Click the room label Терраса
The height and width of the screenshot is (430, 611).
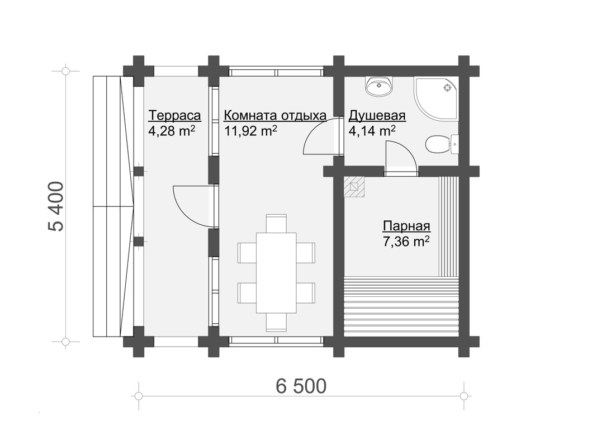tap(174, 116)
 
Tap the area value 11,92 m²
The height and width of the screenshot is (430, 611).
tap(250, 131)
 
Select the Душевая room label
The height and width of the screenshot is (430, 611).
tap(377, 116)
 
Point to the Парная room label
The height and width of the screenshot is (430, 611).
tap(406, 226)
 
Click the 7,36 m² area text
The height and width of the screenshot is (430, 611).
tap(406, 242)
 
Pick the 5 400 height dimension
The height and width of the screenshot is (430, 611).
tap(56, 206)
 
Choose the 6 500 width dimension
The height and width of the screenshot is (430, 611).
tap(301, 386)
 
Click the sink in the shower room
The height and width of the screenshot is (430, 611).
tap(379, 86)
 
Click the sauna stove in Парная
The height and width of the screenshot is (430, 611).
tap(354, 187)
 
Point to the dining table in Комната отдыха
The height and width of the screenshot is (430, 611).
tap(276, 272)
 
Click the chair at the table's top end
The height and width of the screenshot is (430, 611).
tap(276, 223)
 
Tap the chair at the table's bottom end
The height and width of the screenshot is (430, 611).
tap(276, 323)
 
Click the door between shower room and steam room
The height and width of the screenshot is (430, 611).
tap(401, 157)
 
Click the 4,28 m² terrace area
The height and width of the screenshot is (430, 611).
tap(172, 131)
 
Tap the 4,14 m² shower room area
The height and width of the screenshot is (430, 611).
tap(372, 131)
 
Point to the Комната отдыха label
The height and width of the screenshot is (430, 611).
tap(275, 116)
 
